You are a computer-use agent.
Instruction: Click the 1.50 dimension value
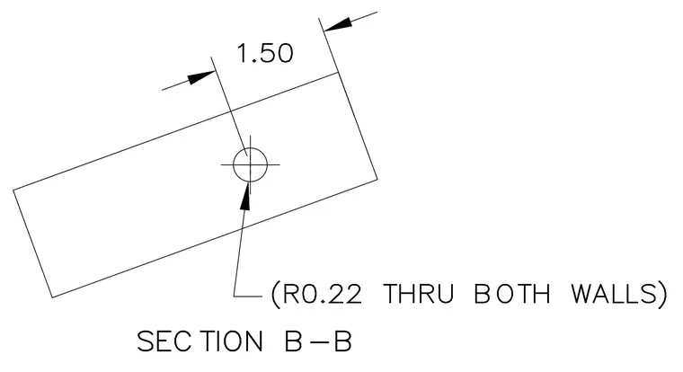pos(265,53)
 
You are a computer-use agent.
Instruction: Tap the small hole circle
pos(250,148)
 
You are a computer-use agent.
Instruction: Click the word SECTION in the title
pos(200,341)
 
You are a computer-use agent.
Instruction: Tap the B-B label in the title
pos(318,341)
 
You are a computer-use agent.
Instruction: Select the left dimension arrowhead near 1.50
pos(201,77)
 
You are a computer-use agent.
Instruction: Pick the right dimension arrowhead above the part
pos(339,25)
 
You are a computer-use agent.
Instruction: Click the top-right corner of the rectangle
pos(339,73)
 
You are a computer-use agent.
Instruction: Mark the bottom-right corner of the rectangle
pos(377,178)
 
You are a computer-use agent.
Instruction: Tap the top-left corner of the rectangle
pos(13,190)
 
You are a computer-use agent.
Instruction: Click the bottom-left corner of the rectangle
pos(52,297)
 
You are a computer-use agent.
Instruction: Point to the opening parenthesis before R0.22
pos(275,294)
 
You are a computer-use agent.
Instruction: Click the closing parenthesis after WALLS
pos(662,294)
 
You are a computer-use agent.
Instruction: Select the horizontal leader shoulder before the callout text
pos(248,297)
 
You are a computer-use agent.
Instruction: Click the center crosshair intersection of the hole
pos(250,164)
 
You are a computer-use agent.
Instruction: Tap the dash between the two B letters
pos(318,341)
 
